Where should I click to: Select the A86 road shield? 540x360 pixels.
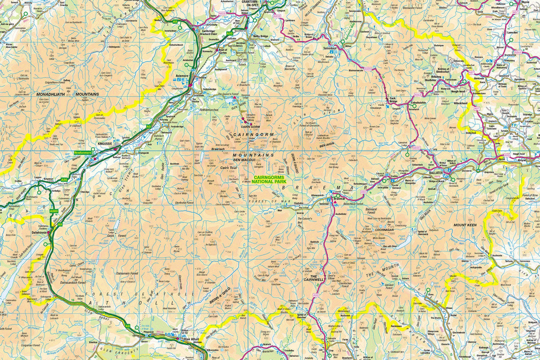coord(64,179)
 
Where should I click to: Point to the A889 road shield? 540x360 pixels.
coord(53,211)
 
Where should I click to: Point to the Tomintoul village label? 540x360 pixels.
coord(331,48)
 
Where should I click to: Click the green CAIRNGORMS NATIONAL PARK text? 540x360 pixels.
coord(273,179)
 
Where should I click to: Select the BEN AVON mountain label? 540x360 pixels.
coord(326,145)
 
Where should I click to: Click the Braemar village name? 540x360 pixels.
coord(339,198)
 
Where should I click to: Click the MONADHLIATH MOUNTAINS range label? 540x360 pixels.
coord(67,94)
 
